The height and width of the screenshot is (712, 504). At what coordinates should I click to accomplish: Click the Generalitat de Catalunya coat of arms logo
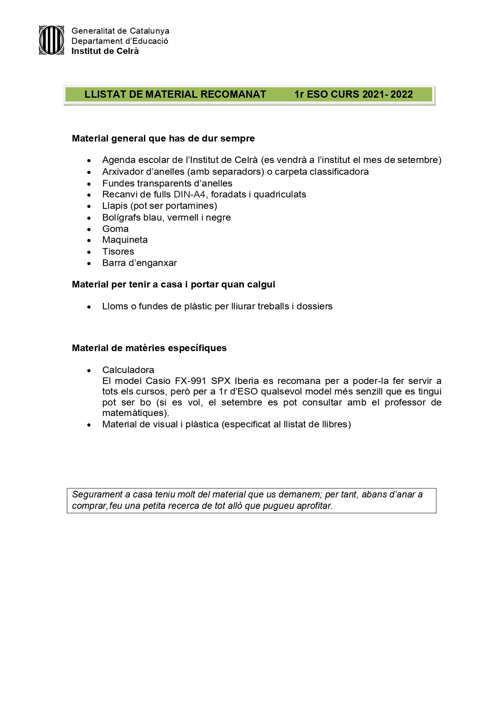(51, 40)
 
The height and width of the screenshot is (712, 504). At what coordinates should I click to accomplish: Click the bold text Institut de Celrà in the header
(105, 51)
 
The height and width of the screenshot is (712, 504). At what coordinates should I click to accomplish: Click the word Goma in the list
(115, 229)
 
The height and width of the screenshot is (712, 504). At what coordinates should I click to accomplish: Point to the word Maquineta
(125, 240)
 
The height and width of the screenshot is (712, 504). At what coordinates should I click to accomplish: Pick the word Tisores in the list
(118, 251)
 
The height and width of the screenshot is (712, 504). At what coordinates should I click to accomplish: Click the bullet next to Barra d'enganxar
(89, 264)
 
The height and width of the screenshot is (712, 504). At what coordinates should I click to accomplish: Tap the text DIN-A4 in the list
(190, 195)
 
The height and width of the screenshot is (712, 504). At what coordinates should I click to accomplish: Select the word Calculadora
(128, 370)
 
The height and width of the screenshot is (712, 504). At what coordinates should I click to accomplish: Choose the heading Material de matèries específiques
(149, 348)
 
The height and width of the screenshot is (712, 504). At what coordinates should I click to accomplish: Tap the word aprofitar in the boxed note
(314, 506)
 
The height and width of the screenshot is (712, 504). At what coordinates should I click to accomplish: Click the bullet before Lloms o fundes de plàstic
(89, 307)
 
